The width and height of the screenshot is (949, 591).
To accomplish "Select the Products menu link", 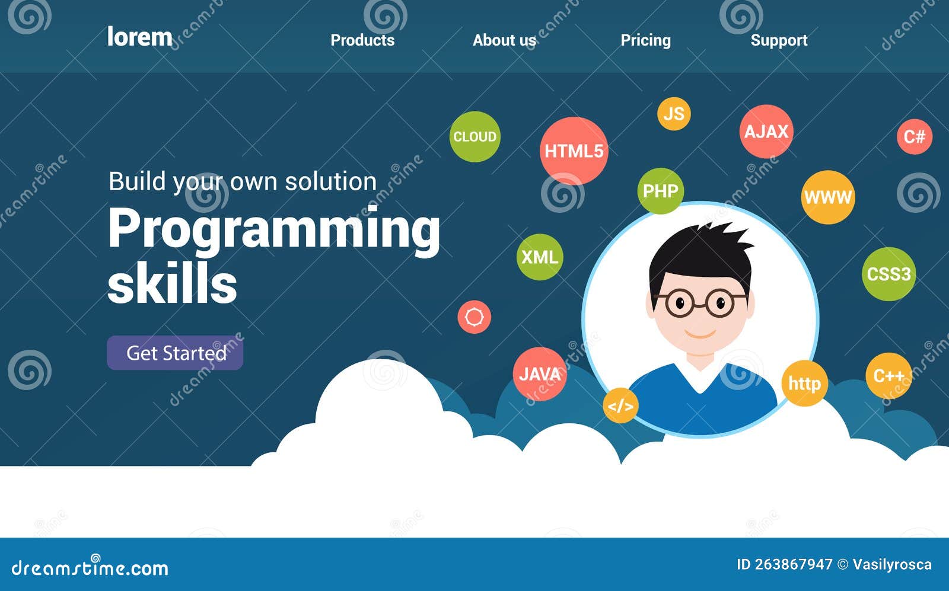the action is click(362, 40).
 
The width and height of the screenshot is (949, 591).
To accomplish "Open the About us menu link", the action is click(505, 40).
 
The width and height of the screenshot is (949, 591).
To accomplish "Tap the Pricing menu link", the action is click(646, 41).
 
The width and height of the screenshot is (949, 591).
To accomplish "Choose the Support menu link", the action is click(779, 41).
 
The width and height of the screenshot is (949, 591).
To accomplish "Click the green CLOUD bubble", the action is click(475, 136).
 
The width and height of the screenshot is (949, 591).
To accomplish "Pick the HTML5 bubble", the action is click(574, 151).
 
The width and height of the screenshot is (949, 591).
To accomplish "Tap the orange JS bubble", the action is click(674, 113).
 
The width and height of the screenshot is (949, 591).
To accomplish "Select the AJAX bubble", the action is click(766, 131).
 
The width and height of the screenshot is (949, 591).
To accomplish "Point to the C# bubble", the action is click(915, 137).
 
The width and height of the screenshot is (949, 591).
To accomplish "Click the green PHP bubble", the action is click(661, 191).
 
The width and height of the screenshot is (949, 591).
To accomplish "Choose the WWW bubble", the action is click(828, 197).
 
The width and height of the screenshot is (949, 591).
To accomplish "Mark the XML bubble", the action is click(540, 257).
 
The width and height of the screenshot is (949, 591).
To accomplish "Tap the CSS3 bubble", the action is click(889, 274).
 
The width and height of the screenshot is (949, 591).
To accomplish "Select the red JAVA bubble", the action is click(540, 374).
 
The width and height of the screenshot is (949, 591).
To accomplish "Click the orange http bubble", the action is click(804, 383).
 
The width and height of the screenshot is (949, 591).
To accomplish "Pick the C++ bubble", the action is click(889, 376).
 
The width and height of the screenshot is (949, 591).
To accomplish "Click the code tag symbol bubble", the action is click(620, 405).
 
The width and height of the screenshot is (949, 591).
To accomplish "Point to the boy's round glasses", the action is click(700, 303).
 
